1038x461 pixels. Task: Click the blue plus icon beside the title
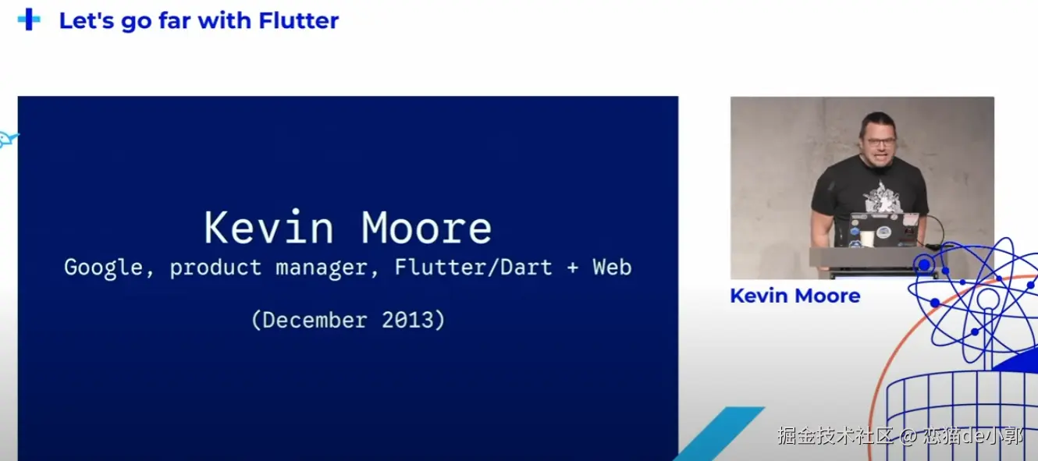[29, 20]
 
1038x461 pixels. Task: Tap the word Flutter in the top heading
[298, 21]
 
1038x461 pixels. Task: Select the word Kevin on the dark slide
[268, 227]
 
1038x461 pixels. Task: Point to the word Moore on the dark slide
[426, 227]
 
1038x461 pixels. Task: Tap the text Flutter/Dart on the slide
[473, 267]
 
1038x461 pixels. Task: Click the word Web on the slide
[612, 267]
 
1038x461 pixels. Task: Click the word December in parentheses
[315, 320]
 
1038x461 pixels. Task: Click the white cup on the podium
[867, 239]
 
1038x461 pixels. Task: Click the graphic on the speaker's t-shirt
[880, 197]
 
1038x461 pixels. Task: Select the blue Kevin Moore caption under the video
[794, 296]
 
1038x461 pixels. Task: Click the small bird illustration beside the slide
[8, 139]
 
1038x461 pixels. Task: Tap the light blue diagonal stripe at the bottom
[718, 434]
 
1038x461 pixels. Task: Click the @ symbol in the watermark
[908, 436]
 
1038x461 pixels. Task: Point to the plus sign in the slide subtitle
[572, 268]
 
